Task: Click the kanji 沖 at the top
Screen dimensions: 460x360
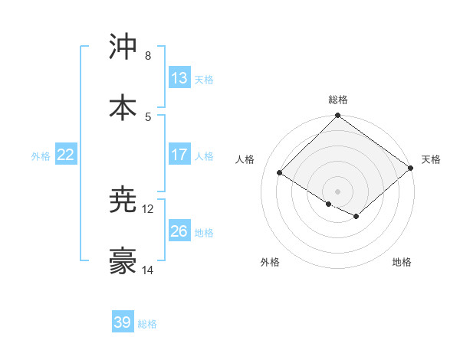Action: click(123, 47)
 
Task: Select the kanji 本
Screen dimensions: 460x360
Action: click(123, 108)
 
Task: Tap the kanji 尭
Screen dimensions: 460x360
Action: click(123, 201)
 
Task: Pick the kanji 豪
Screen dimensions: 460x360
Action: click(123, 262)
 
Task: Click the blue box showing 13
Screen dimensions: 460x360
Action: click(179, 78)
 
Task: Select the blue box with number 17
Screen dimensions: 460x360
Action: click(179, 155)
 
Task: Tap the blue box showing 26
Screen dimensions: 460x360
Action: click(179, 231)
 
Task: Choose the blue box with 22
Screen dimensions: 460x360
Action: click(66, 155)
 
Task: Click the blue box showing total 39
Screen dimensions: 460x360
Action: click(123, 322)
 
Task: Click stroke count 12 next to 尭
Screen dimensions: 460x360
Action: click(148, 209)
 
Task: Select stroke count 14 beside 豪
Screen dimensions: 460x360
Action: click(148, 270)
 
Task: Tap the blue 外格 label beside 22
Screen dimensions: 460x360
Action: click(41, 155)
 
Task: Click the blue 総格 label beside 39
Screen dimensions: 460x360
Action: click(147, 324)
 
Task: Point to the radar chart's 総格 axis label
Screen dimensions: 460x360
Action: click(338, 100)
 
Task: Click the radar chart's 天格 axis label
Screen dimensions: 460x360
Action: click(431, 159)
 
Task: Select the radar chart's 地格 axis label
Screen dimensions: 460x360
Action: click(402, 262)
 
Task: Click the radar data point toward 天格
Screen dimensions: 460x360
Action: click(411, 169)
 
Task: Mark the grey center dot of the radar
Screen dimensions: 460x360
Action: click(338, 191)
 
